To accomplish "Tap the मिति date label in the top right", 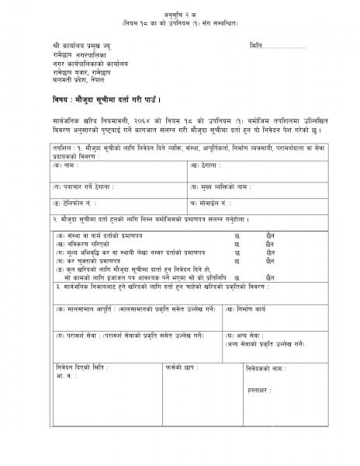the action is [x=258, y=47].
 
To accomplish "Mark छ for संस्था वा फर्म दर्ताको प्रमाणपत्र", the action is [x=237, y=234].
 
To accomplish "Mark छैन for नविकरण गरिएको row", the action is [x=270, y=243].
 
